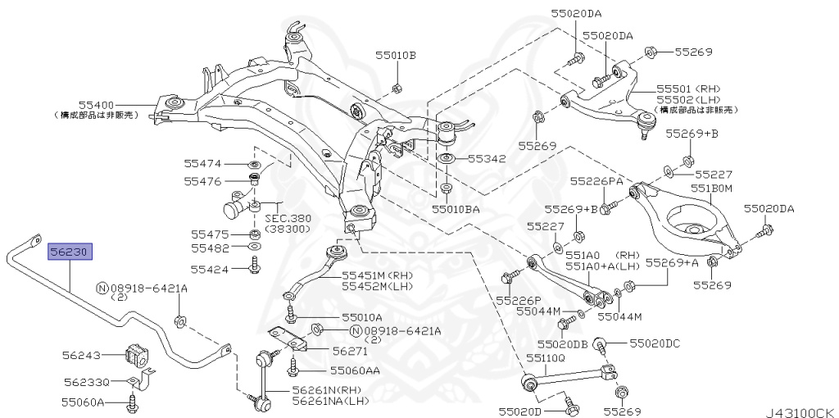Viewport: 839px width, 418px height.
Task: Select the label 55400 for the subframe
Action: click(96, 105)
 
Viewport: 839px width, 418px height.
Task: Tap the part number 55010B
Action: click(396, 56)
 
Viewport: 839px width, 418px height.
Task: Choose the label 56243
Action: click(81, 356)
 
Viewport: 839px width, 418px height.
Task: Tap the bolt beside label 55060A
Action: click(132, 402)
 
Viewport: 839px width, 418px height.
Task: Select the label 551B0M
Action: click(710, 188)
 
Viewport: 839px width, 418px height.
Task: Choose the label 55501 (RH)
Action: click(687, 89)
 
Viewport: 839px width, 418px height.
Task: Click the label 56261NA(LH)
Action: click(330, 401)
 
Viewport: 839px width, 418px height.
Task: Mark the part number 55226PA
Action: click(596, 180)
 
